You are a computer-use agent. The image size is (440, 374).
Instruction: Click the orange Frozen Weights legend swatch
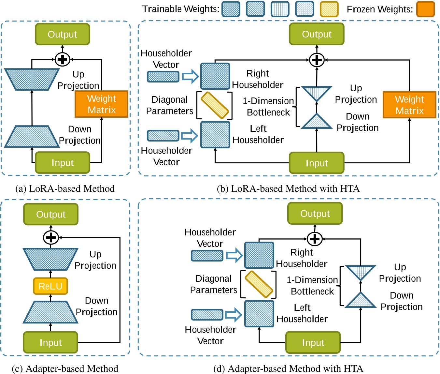(425, 9)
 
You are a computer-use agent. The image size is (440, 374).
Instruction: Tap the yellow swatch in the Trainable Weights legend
(329, 9)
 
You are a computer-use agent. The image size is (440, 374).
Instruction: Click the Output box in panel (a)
(62, 34)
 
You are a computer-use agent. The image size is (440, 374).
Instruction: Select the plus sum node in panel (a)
(62, 59)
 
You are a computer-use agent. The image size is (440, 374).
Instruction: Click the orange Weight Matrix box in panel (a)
(101, 104)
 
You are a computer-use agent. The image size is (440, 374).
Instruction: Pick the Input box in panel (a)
(62, 162)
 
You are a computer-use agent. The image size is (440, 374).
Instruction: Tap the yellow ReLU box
(50, 286)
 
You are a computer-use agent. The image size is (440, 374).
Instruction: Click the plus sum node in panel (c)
(51, 237)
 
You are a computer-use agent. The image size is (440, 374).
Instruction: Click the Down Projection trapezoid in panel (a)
(32, 137)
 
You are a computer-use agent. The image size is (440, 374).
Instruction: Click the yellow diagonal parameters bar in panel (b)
(215, 105)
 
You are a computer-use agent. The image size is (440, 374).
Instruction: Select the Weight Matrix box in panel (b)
(409, 105)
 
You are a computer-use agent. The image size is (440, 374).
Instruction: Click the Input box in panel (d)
(313, 342)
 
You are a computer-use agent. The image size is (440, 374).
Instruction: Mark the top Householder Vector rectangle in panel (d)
(207, 255)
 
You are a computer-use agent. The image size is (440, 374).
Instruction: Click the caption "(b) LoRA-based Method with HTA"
(288, 188)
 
